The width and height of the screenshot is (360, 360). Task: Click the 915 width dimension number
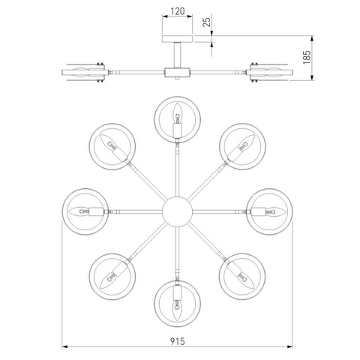tap(178, 341)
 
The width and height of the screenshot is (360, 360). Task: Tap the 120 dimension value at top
tap(178, 11)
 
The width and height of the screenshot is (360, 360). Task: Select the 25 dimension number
tap(207, 22)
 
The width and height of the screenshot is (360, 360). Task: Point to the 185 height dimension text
tap(307, 57)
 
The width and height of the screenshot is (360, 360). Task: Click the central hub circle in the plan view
tap(177, 211)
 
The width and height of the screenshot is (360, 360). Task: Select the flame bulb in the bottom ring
tap(177, 310)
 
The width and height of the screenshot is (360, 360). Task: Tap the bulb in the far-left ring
tap(79, 211)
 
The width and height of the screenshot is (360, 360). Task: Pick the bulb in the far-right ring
tap(275, 211)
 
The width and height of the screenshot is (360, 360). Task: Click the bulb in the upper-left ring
tap(108, 142)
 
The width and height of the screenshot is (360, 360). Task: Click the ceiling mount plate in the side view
tap(177, 39)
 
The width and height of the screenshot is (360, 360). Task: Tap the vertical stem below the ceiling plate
tap(177, 55)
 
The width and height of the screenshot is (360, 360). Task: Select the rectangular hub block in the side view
tap(177, 73)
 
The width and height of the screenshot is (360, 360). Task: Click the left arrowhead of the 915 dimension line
tap(64, 346)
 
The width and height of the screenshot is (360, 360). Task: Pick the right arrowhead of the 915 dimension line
tap(289, 346)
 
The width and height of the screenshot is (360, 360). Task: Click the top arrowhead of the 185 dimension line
tap(312, 39)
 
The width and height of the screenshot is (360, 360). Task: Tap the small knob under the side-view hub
tap(177, 79)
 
